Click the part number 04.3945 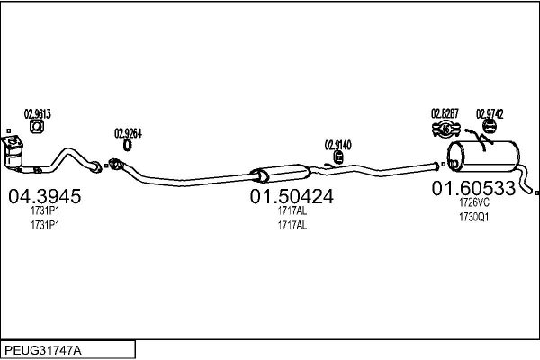44,197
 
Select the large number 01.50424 292,197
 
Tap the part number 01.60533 472,189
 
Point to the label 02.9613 38,113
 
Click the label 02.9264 128,134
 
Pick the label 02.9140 337,144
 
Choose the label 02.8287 445,113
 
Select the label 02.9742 490,113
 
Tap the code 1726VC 472,204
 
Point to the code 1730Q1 472,217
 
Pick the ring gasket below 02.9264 128,146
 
